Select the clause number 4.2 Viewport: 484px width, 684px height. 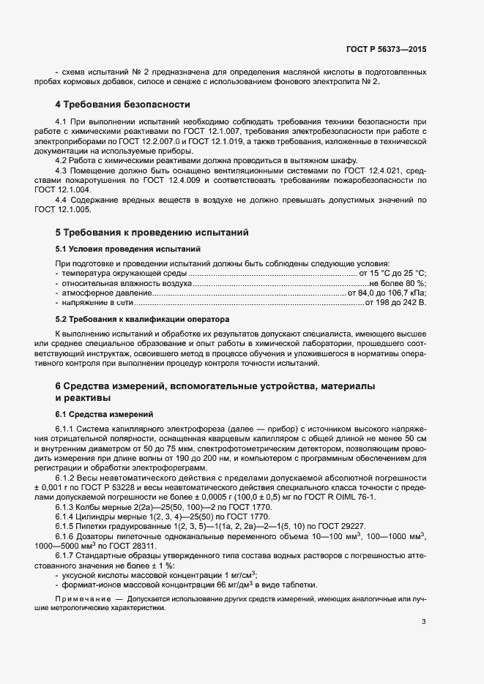63,160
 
